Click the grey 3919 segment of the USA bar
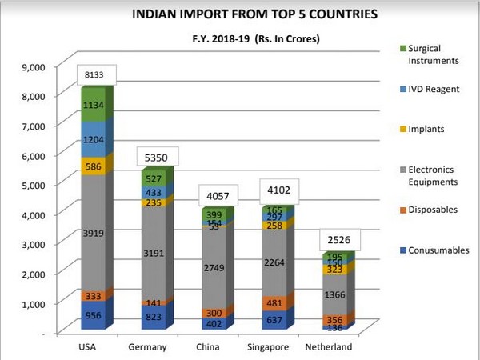pos(93,232)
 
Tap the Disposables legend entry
pos(433,210)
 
